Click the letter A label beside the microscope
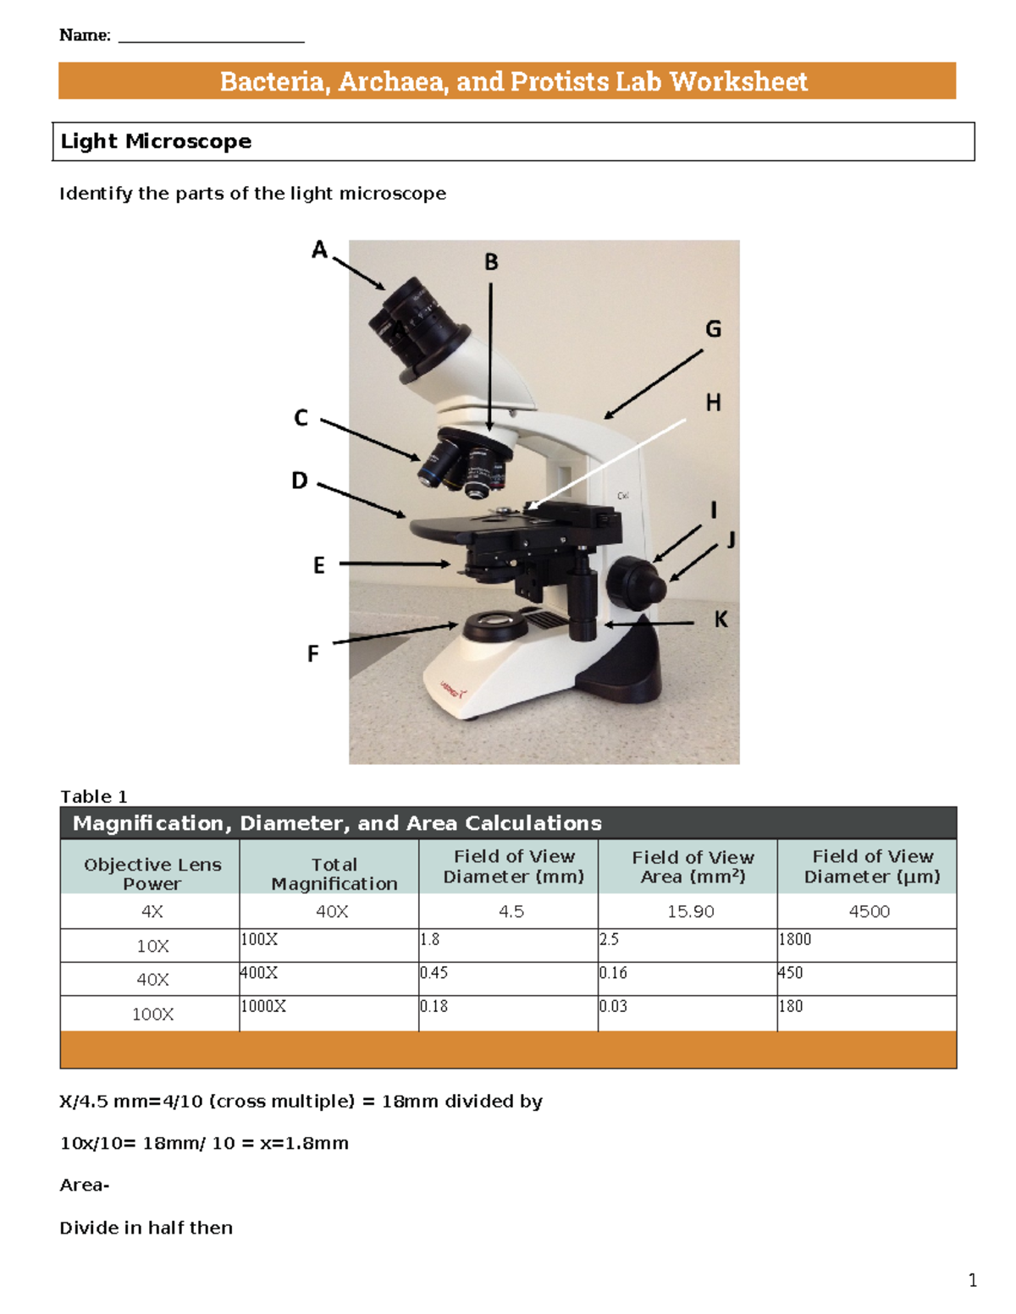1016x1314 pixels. pos(319,250)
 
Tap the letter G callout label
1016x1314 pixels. pos(714,329)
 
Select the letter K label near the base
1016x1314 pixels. pos(721,620)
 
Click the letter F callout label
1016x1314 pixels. pos(313,654)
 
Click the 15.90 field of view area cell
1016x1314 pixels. pos(691,911)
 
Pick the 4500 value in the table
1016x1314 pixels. pos(870,911)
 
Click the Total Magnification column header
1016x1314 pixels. pos(334,874)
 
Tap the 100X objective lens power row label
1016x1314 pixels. pos(152,1014)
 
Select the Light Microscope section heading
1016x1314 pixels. pos(156,141)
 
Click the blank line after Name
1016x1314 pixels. pos(211,37)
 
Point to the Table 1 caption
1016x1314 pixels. pos(93,796)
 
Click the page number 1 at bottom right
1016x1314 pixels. pos(973,1280)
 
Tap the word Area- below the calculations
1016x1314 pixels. pos(84,1185)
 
